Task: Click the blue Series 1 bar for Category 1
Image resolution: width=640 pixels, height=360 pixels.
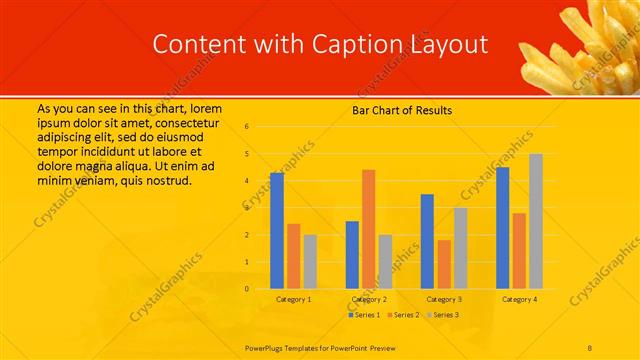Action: (277, 231)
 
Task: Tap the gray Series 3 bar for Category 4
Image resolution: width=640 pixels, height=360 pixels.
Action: (536, 221)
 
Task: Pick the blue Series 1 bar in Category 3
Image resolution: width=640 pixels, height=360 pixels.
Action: (427, 241)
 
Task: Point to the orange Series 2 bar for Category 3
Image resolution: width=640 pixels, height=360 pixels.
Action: (444, 264)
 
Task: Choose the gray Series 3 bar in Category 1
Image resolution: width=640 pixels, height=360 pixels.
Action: (310, 262)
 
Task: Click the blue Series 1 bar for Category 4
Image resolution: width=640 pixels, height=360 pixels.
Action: (502, 228)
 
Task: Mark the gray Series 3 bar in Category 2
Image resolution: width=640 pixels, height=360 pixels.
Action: (385, 262)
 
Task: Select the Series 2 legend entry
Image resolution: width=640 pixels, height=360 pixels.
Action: (402, 315)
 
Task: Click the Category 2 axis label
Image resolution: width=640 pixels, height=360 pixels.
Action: (369, 299)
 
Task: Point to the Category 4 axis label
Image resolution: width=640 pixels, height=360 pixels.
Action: (519, 299)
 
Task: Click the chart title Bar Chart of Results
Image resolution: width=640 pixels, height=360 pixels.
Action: (402, 110)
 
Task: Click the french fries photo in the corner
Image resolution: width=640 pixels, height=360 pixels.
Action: (579, 45)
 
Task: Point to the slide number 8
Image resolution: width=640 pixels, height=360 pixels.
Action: (591, 346)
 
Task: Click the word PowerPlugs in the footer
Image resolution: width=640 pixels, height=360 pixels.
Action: (265, 346)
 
